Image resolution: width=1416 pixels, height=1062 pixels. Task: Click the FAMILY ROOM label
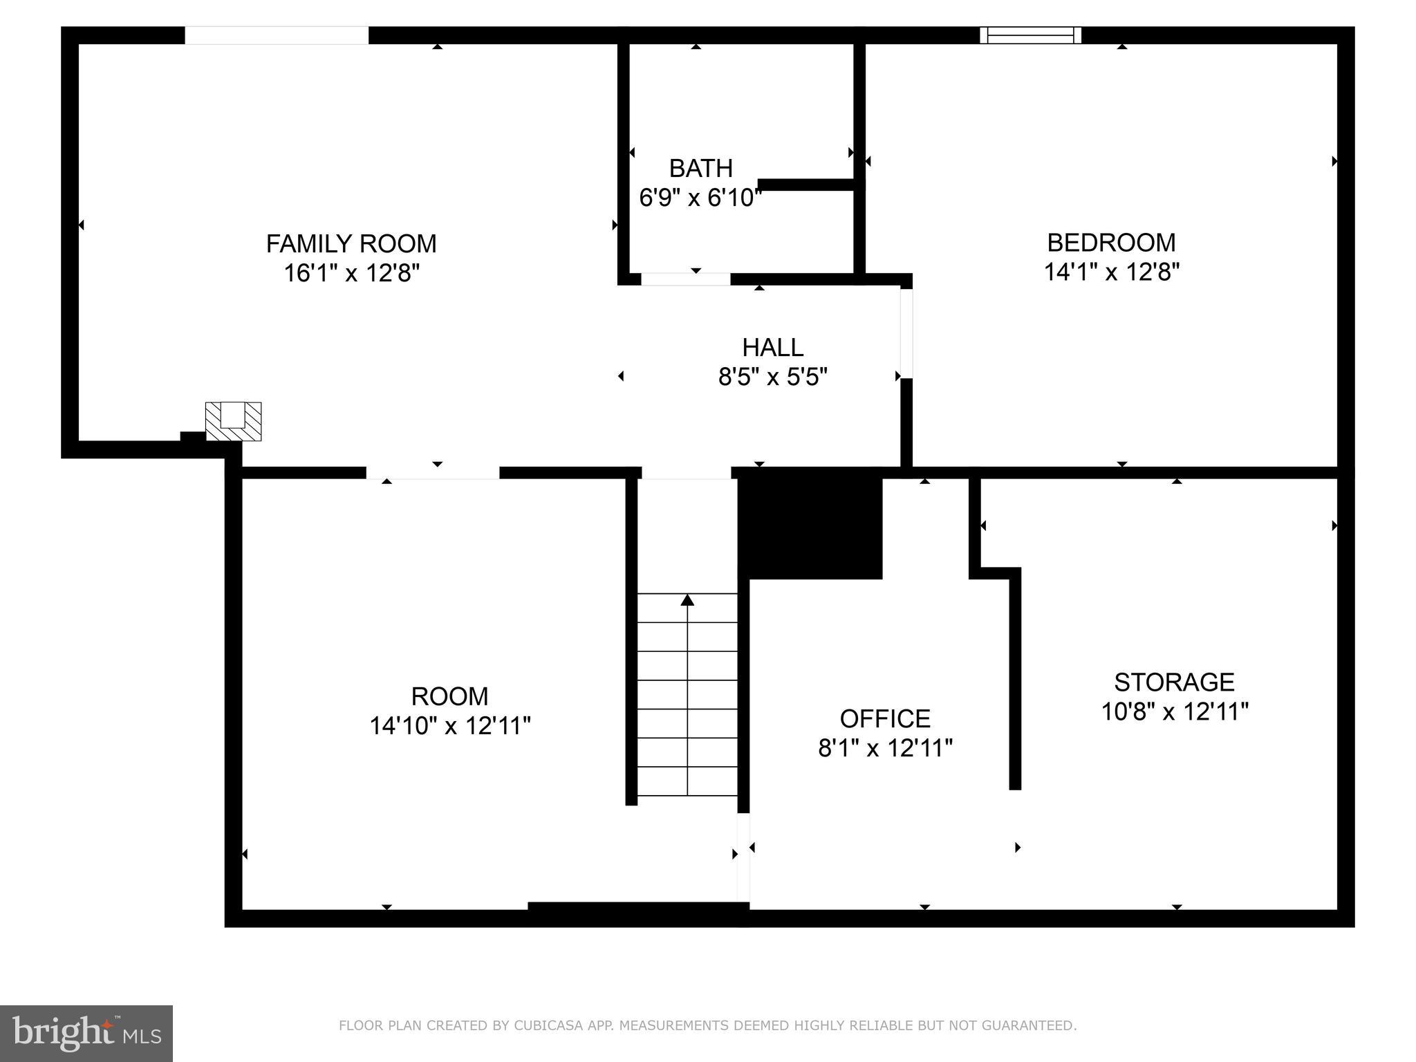pyautogui.click(x=351, y=244)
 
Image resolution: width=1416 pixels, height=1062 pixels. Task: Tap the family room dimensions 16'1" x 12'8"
pyautogui.click(x=351, y=274)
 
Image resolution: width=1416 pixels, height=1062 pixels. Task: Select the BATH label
pyautogui.click(x=700, y=169)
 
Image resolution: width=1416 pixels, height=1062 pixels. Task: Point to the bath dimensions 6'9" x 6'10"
pyautogui.click(x=700, y=198)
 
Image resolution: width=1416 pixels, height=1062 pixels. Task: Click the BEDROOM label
pyautogui.click(x=1111, y=243)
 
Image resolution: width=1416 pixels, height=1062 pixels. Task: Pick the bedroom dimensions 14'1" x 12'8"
pyautogui.click(x=1111, y=272)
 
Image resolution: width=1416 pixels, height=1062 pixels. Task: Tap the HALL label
pyautogui.click(x=772, y=347)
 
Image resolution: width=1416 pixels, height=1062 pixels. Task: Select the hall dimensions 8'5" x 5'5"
pyautogui.click(x=772, y=378)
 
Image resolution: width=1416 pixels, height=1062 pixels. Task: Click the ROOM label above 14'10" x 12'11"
pyautogui.click(x=449, y=696)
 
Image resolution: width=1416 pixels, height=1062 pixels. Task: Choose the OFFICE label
pyautogui.click(x=885, y=719)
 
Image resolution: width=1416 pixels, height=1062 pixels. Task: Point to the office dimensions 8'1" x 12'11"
pyautogui.click(x=885, y=749)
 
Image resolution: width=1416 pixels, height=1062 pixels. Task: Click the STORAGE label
pyautogui.click(x=1174, y=682)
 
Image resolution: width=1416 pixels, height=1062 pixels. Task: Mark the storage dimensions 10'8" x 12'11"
pyautogui.click(x=1174, y=712)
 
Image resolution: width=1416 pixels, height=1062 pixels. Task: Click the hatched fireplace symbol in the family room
pyautogui.click(x=234, y=422)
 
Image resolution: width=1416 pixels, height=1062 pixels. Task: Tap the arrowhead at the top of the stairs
pyautogui.click(x=687, y=600)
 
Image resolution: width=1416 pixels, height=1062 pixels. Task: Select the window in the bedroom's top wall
pyautogui.click(x=1030, y=35)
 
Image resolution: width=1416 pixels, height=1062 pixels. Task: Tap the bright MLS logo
pyautogui.click(x=86, y=1033)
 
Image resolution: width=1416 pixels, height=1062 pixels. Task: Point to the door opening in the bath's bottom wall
pyautogui.click(x=685, y=279)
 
